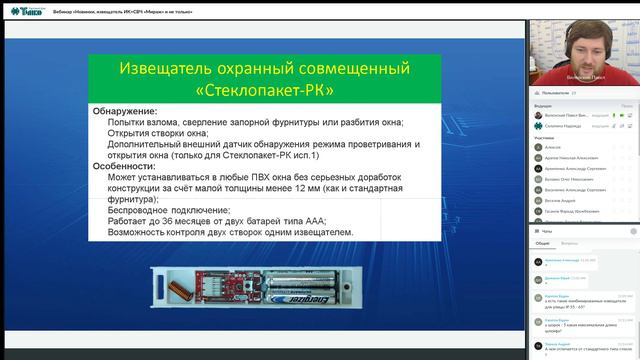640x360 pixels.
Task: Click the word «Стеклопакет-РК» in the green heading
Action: (x=264, y=89)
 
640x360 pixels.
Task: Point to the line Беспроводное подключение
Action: (x=169, y=210)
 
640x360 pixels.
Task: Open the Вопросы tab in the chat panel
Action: (x=569, y=242)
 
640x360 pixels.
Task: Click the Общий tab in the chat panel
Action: (x=541, y=242)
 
